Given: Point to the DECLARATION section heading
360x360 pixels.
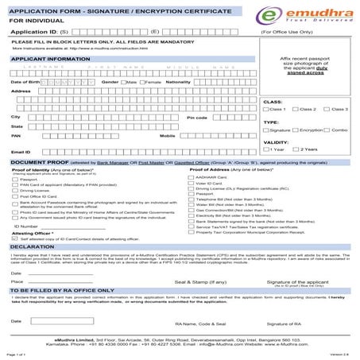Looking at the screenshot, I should (32, 247).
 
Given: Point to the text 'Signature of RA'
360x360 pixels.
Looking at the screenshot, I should (306, 324).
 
